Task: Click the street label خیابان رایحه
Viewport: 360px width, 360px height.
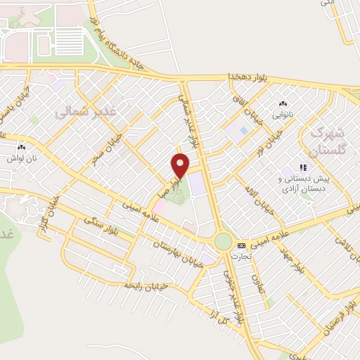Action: [x=144, y=286]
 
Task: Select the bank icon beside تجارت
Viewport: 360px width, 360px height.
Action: [x=241, y=245]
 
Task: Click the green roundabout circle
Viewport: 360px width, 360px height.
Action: [x=223, y=242]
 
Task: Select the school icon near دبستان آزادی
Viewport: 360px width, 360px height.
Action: [x=304, y=168]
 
